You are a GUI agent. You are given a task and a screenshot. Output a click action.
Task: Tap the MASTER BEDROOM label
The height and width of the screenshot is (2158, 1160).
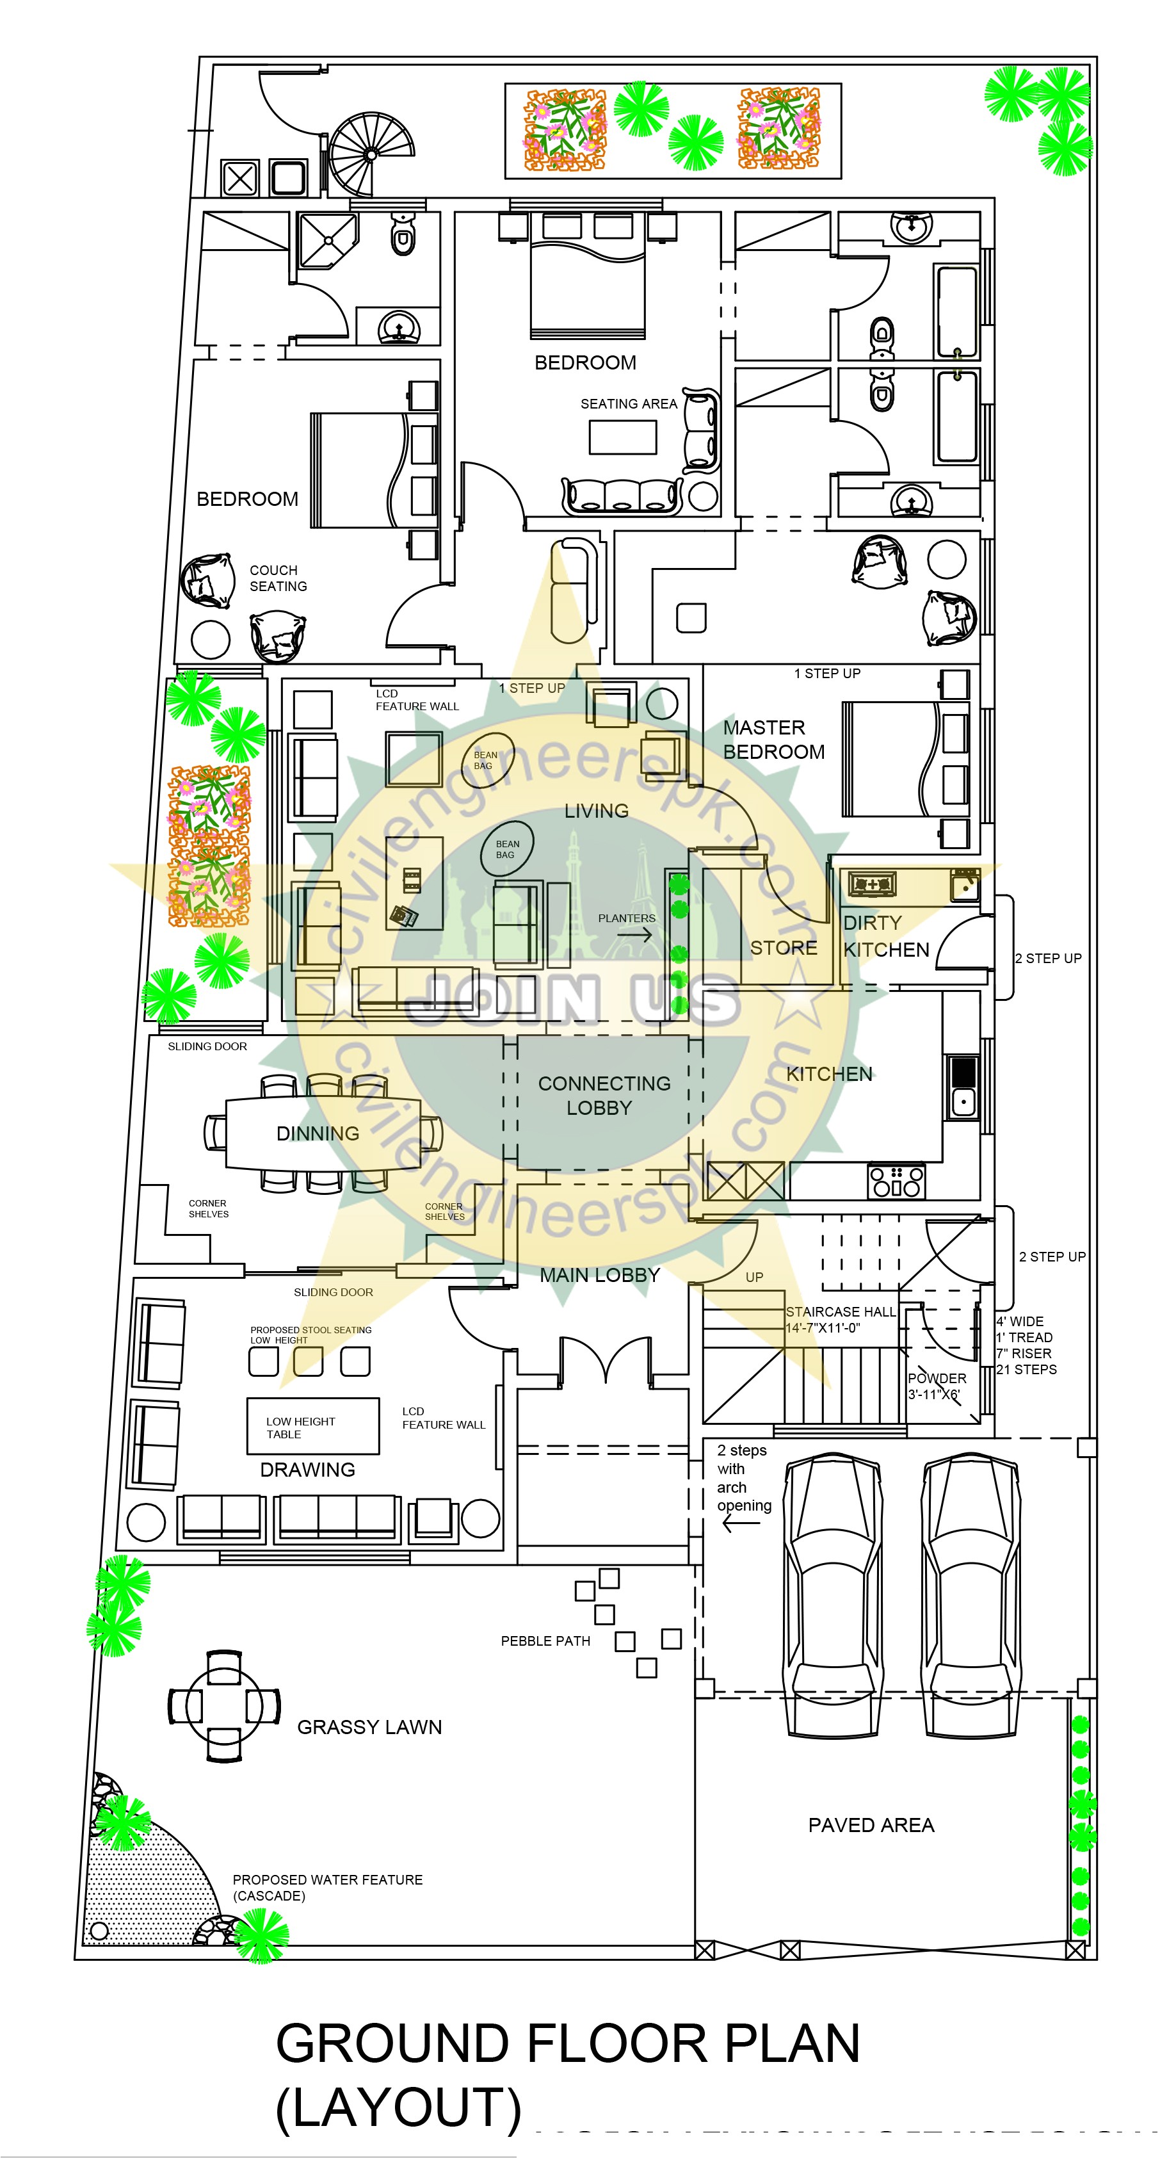[x=773, y=740]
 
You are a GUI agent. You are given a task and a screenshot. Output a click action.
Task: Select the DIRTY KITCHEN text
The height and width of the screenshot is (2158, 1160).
[x=885, y=936]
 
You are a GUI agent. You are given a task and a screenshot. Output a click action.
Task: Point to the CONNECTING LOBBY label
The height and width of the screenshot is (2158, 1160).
[x=604, y=1095]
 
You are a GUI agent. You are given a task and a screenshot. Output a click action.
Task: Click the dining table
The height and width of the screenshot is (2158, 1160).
[x=323, y=1133]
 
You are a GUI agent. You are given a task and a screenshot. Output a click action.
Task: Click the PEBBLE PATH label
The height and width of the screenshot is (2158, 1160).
[x=545, y=1641]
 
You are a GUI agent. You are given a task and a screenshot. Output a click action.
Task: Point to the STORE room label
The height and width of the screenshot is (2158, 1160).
[x=783, y=948]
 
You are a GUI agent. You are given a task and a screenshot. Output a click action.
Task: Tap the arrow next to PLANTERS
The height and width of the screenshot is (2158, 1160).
[x=635, y=935]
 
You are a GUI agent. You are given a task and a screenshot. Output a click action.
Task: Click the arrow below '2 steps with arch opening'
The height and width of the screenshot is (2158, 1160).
[x=741, y=1524]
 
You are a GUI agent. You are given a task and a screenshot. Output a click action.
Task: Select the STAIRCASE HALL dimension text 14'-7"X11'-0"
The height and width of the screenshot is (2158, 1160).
[x=823, y=1328]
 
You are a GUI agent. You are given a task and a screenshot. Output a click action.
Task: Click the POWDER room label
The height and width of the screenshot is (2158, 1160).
[x=937, y=1378]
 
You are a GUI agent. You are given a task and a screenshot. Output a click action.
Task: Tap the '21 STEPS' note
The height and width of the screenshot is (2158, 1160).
[x=1026, y=1370]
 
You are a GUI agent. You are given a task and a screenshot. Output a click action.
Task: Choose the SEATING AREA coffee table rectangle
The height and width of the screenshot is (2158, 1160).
[x=622, y=437]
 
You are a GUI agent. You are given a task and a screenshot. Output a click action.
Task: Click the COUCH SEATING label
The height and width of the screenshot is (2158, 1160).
[x=278, y=578]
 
